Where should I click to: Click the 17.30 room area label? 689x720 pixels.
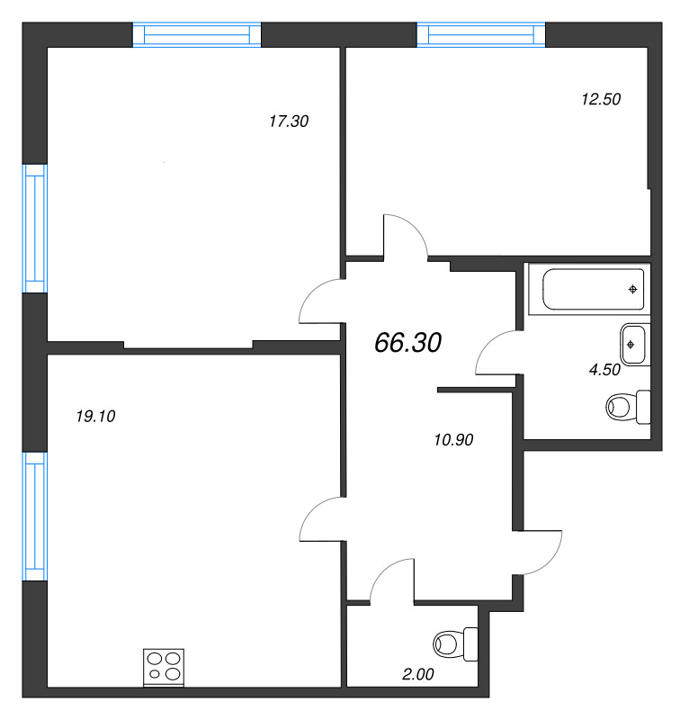289,121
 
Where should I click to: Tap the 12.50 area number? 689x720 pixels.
601,100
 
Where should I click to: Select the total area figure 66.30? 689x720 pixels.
407,342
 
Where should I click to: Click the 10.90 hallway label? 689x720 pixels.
453,440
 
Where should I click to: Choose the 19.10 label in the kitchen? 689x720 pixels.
97,416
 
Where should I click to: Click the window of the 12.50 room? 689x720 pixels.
481,34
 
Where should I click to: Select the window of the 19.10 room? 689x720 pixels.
34,516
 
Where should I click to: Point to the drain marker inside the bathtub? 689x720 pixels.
633,289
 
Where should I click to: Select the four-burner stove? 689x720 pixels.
164,668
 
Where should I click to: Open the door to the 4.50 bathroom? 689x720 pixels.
496,354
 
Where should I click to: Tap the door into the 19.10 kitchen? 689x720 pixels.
322,520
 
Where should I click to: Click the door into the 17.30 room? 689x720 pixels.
320,301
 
